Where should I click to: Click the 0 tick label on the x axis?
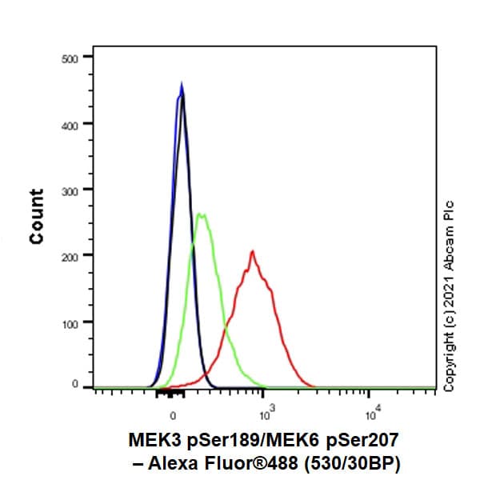click(173, 416)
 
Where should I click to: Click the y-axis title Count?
click(37, 216)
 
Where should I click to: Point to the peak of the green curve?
click(202, 214)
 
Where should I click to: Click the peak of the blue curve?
click(182, 83)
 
